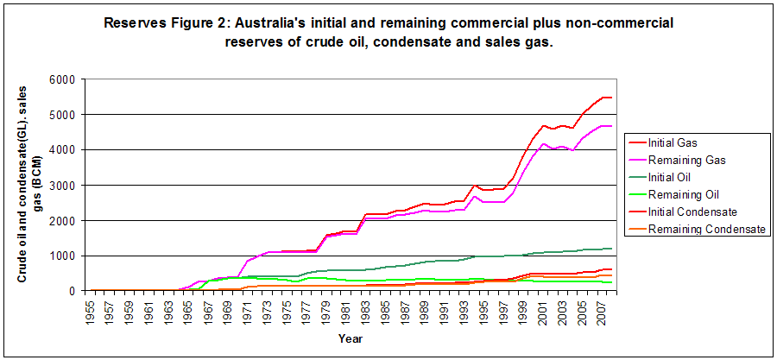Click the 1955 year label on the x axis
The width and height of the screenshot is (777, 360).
[x=90, y=313]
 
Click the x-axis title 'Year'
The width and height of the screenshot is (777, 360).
[x=350, y=338]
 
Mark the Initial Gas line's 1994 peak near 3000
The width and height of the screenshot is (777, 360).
[x=474, y=185]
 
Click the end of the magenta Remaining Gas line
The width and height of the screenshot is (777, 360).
[x=611, y=126]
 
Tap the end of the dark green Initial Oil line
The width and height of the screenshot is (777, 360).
[x=611, y=249]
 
